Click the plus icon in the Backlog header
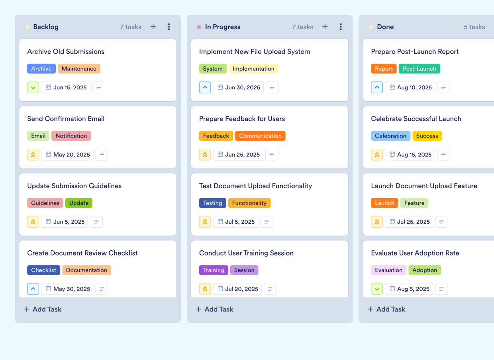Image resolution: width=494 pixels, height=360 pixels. [x=153, y=27]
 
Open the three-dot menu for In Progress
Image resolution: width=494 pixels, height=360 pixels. [x=341, y=27]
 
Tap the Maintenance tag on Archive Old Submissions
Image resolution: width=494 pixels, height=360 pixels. [x=79, y=69]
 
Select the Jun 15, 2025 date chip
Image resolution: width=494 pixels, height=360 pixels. [x=66, y=87]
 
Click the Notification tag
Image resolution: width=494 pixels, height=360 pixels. [x=71, y=136]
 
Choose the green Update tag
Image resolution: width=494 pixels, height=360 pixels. [x=79, y=203]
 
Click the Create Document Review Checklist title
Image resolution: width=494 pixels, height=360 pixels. [x=82, y=253]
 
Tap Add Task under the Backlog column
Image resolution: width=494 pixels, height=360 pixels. [x=43, y=309]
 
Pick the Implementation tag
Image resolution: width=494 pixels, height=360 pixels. [x=253, y=69]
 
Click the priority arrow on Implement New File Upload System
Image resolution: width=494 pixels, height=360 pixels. [x=205, y=87]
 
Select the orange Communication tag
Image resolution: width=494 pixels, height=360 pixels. [x=260, y=136]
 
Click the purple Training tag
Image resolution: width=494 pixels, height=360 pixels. [x=214, y=270]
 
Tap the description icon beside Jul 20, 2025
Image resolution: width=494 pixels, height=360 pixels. [x=270, y=289]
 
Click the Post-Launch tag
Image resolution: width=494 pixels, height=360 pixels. [x=419, y=69]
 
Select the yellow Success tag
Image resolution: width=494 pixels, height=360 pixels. [x=427, y=136]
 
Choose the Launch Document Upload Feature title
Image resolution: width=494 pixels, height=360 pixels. [x=424, y=186]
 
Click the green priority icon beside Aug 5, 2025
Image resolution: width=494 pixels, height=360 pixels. [x=377, y=289]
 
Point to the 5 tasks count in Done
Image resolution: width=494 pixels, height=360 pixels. [x=474, y=27]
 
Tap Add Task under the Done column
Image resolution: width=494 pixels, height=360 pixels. [x=386, y=309]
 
